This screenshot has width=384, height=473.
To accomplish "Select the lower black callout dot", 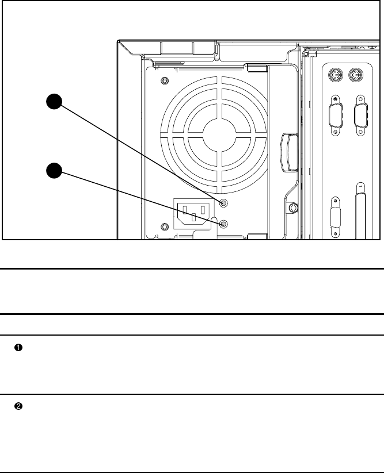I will tap(54, 171).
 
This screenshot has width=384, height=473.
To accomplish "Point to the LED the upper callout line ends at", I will tap(224, 203).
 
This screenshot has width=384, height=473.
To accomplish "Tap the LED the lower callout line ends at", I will tap(224, 224).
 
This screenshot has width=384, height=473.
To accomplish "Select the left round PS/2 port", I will tap(336, 76).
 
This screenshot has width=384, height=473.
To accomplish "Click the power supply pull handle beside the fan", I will tap(289, 152).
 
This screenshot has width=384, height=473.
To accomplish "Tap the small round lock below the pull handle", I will tap(292, 206).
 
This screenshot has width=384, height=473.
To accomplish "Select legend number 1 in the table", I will tap(18, 348).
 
